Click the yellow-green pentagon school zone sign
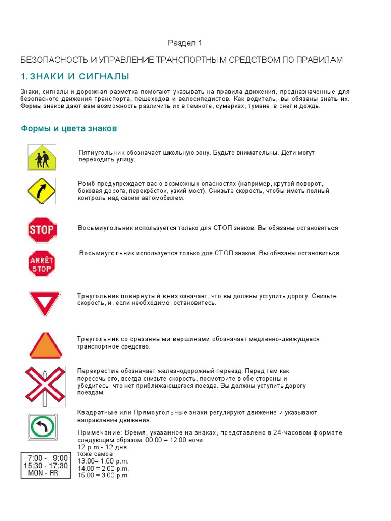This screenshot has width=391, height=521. coord(42,158)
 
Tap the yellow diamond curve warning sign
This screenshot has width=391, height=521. coord(41,190)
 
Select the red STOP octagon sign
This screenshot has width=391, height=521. coord(42,230)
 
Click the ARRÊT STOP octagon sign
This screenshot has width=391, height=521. coord(42,264)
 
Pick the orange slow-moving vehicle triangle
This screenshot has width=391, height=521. coord(45,346)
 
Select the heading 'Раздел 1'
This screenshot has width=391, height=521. coord(181,43)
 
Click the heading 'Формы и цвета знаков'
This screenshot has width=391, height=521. coord(69,129)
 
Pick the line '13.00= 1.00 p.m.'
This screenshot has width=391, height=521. coord(103,461)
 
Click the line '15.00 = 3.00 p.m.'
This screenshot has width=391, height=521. coord(103,475)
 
